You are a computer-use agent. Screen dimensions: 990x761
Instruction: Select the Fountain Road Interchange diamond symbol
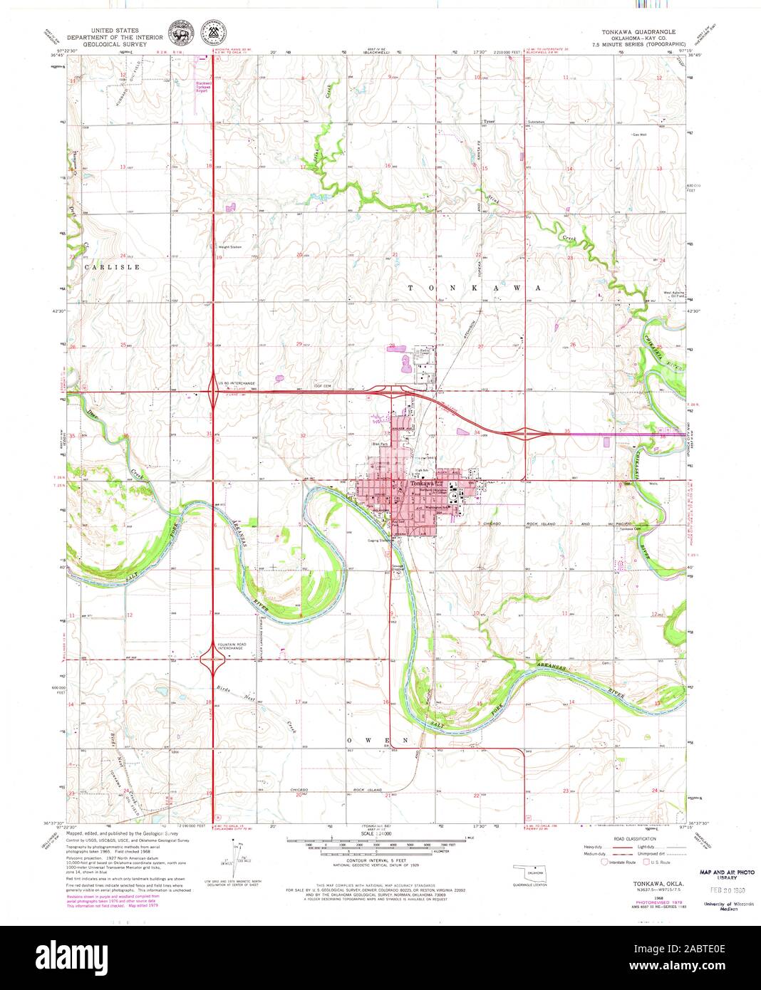click(x=213, y=665)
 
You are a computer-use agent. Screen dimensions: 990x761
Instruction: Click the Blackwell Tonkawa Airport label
click(x=204, y=87)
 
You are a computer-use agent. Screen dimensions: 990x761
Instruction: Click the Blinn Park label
click(x=378, y=444)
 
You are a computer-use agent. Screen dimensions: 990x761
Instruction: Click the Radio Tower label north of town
click(x=424, y=352)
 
